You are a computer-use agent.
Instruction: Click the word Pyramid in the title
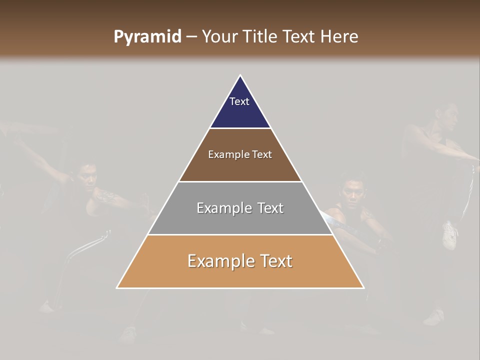pyautogui.click(x=147, y=37)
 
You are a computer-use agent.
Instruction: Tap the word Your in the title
pyautogui.click(x=219, y=37)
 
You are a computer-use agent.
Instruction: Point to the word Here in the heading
pyautogui.click(x=339, y=37)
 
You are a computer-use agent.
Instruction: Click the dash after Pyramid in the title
pyautogui.click(x=191, y=37)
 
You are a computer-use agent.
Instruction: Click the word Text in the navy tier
pyautogui.click(x=239, y=101)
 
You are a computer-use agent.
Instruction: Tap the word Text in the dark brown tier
pyautogui.click(x=262, y=154)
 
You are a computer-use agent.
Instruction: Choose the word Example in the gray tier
pyautogui.click(x=222, y=208)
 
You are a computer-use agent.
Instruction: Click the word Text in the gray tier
pyautogui.click(x=270, y=208)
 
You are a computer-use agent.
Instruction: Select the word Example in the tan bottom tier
pyautogui.click(x=217, y=261)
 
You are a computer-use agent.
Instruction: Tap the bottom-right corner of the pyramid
pyautogui.click(x=363, y=287)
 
